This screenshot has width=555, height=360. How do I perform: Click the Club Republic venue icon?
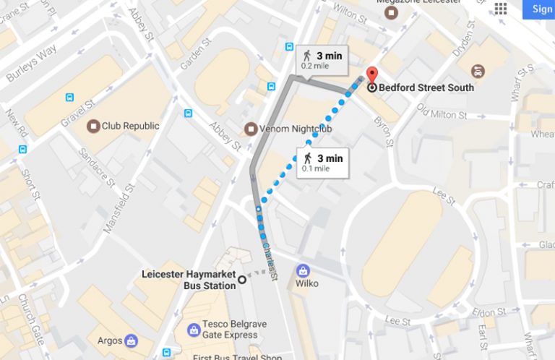(92, 126)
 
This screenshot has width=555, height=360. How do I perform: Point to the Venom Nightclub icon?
(250, 129)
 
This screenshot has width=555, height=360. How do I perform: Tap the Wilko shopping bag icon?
(303, 270)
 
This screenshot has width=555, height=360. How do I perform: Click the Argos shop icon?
(131, 340)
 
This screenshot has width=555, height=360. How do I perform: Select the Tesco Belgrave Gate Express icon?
(194, 330)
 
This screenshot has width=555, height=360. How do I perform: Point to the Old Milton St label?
(442, 114)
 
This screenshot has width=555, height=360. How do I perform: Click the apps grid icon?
(501, 9)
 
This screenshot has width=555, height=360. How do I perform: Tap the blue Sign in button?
(541, 9)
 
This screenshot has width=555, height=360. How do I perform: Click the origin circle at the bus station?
(242, 280)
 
